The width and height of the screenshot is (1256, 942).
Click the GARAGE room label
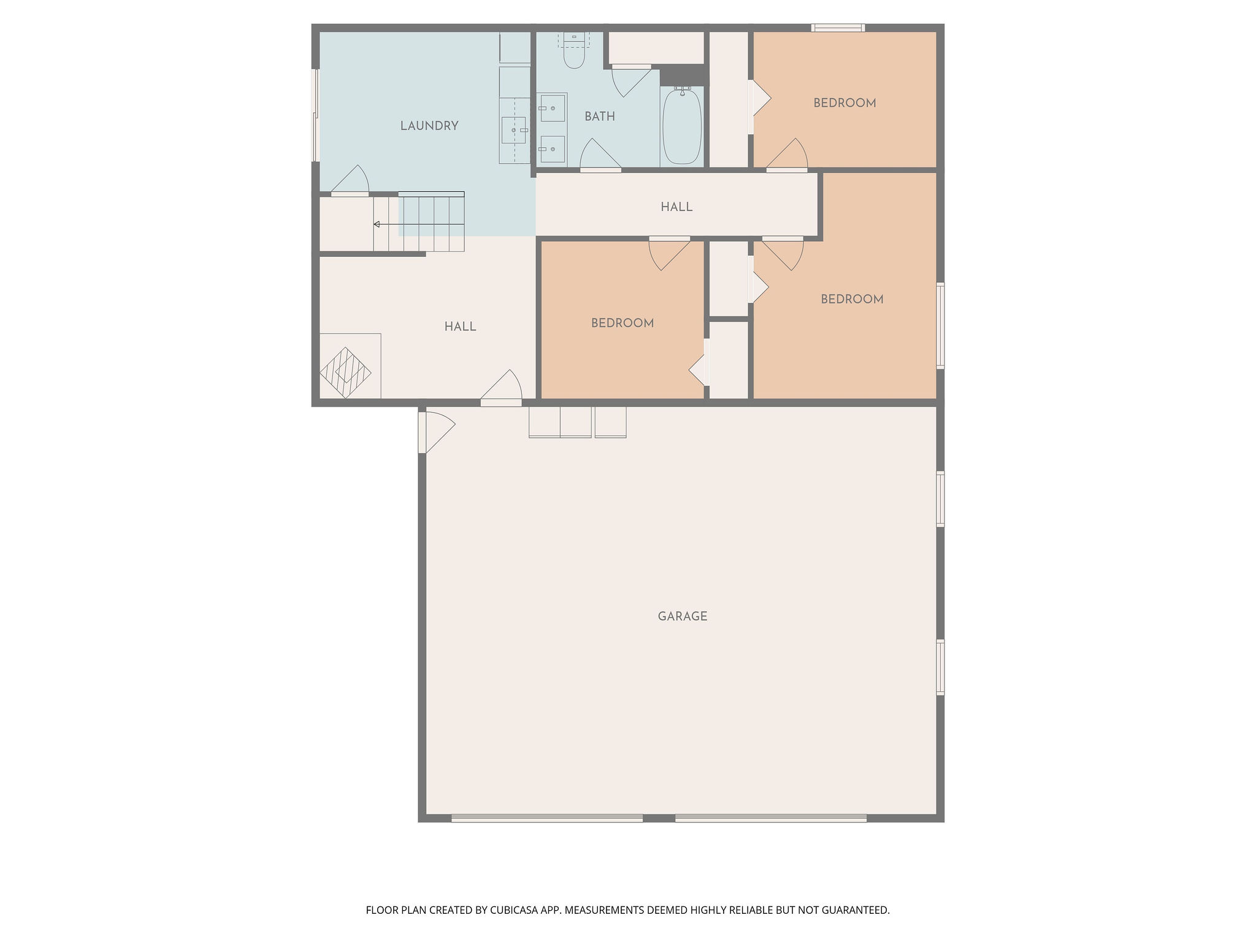tap(683, 616)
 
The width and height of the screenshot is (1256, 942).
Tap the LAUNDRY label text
tap(429, 126)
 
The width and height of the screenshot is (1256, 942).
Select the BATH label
tap(600, 117)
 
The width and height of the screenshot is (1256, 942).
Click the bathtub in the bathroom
tap(682, 125)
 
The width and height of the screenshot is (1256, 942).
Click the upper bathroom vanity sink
tap(552, 108)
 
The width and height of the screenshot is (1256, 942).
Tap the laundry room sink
tap(514, 130)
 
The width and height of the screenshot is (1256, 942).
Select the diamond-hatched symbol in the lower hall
tap(346, 373)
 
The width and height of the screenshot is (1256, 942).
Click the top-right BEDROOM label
tap(844, 103)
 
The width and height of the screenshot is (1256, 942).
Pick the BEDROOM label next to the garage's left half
tap(622, 323)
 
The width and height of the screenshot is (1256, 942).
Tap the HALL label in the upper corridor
tap(676, 207)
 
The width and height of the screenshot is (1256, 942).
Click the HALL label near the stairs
tap(461, 327)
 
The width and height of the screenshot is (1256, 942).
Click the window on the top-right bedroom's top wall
tap(838, 28)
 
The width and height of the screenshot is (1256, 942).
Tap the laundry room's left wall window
tap(316, 115)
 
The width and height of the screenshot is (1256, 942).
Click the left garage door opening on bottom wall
tap(547, 818)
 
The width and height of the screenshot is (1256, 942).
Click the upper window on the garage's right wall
tap(940, 499)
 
